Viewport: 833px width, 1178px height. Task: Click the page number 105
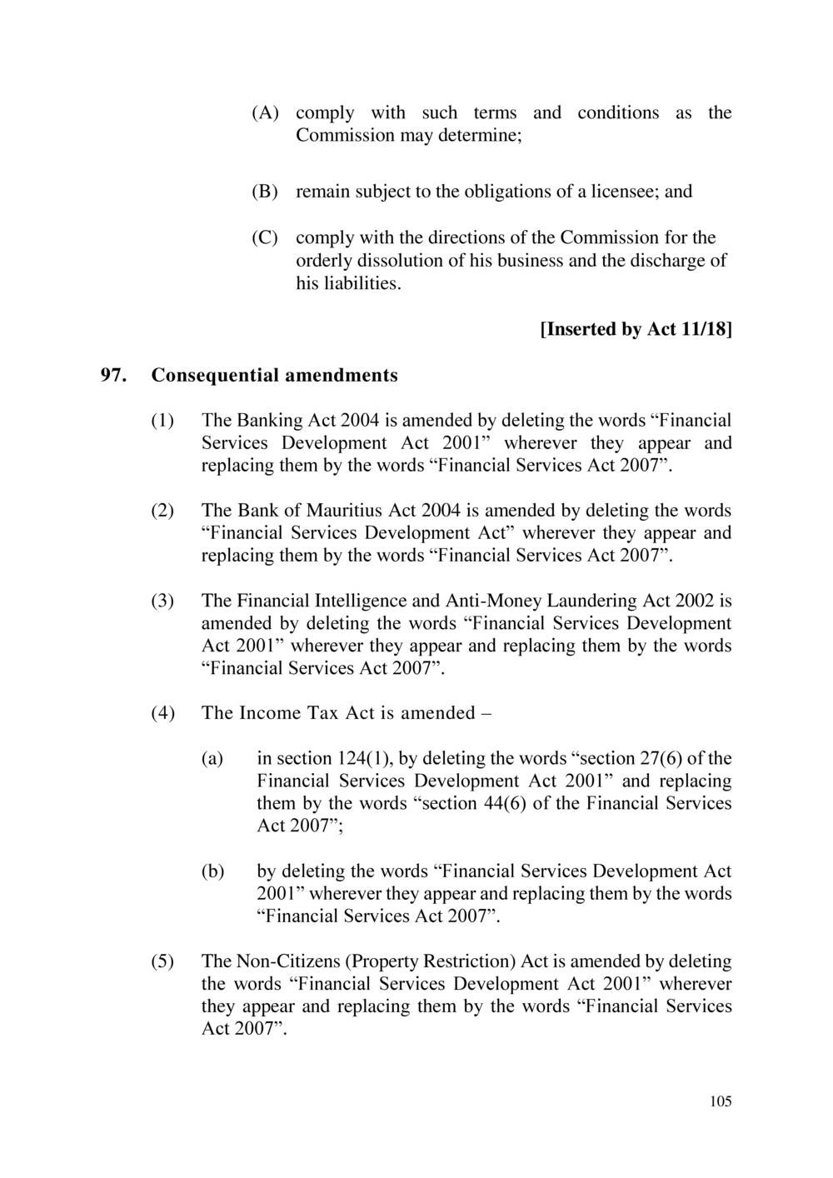(721, 1102)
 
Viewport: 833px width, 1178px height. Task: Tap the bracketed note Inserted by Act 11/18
(636, 330)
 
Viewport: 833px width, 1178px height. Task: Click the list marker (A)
(266, 112)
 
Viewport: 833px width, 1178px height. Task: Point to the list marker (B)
(266, 192)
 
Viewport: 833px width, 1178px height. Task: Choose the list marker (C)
(266, 238)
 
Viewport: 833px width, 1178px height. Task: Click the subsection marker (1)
(162, 420)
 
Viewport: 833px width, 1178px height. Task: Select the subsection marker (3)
(162, 601)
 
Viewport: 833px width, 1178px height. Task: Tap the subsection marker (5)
(162, 961)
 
